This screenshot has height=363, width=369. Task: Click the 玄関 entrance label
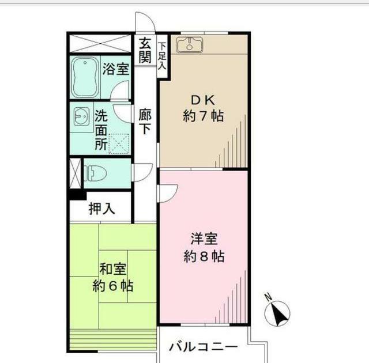tap(145, 51)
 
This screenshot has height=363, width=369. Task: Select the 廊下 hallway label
tap(145, 122)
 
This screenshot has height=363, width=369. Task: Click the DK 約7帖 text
tap(202, 107)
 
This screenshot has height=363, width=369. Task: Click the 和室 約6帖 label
tap(113, 277)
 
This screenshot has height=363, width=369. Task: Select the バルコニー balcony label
tap(203, 348)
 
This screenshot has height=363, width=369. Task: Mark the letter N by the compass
tap(268, 298)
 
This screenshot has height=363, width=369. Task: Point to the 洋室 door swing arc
tap(167, 192)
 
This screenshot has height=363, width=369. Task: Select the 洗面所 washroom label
tap(101, 129)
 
